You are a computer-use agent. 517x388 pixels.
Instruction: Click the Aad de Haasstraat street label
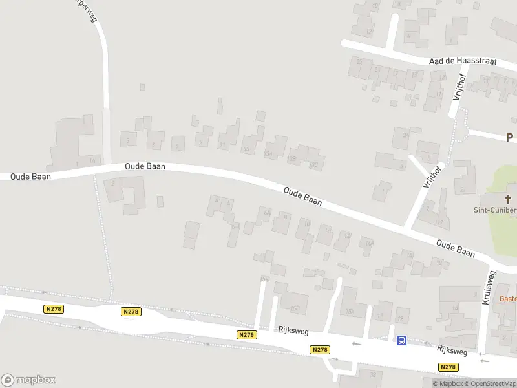463,61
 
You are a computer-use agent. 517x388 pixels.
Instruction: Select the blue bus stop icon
401,340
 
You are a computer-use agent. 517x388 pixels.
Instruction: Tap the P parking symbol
509,137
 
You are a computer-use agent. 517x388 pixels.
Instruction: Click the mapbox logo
28,380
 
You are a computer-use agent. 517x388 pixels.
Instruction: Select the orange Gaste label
508,299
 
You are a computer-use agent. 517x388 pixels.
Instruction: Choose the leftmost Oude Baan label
30,176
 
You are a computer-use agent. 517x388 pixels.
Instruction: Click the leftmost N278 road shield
54,309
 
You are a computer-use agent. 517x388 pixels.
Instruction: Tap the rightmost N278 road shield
448,367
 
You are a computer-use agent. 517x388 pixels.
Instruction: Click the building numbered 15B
296,308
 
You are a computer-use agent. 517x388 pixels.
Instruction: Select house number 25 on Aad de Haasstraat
359,61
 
